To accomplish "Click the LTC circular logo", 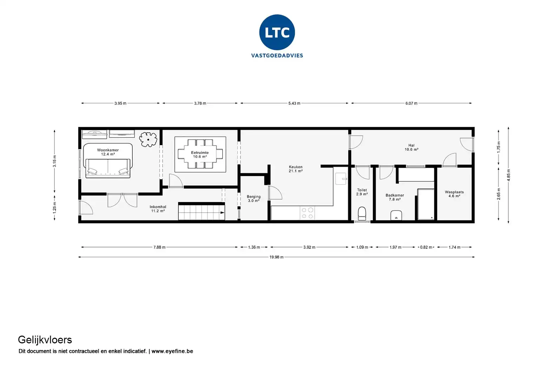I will pyautogui.click(x=277, y=32).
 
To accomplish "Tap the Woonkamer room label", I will pyautogui.click(x=108, y=152).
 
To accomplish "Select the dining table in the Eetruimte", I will pyautogui.click(x=200, y=154).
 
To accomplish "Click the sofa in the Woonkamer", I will pyautogui.click(x=108, y=167).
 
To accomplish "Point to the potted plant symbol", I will pyautogui.click(x=148, y=139).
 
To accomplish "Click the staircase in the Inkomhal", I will pyautogui.click(x=201, y=212).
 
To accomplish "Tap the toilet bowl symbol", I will pyautogui.click(x=362, y=213).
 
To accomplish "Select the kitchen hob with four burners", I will pyautogui.click(x=307, y=213).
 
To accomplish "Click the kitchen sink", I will pyautogui.click(x=341, y=179).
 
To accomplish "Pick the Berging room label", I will pyautogui.click(x=253, y=199).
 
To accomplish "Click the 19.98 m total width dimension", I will pyautogui.click(x=276, y=257).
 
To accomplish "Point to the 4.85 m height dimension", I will pyautogui.click(x=509, y=175).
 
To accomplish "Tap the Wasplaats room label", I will pyautogui.click(x=454, y=194).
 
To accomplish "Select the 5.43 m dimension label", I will pyautogui.click(x=294, y=103).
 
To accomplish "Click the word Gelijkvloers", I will pyautogui.click(x=45, y=339).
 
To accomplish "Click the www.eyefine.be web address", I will pyautogui.click(x=172, y=351).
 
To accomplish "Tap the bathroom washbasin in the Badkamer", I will pyautogui.click(x=396, y=215).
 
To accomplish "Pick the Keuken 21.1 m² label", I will pyautogui.click(x=296, y=169).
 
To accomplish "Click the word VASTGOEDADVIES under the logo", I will pyautogui.click(x=277, y=56).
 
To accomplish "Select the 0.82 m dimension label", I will pyautogui.click(x=426, y=247).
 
